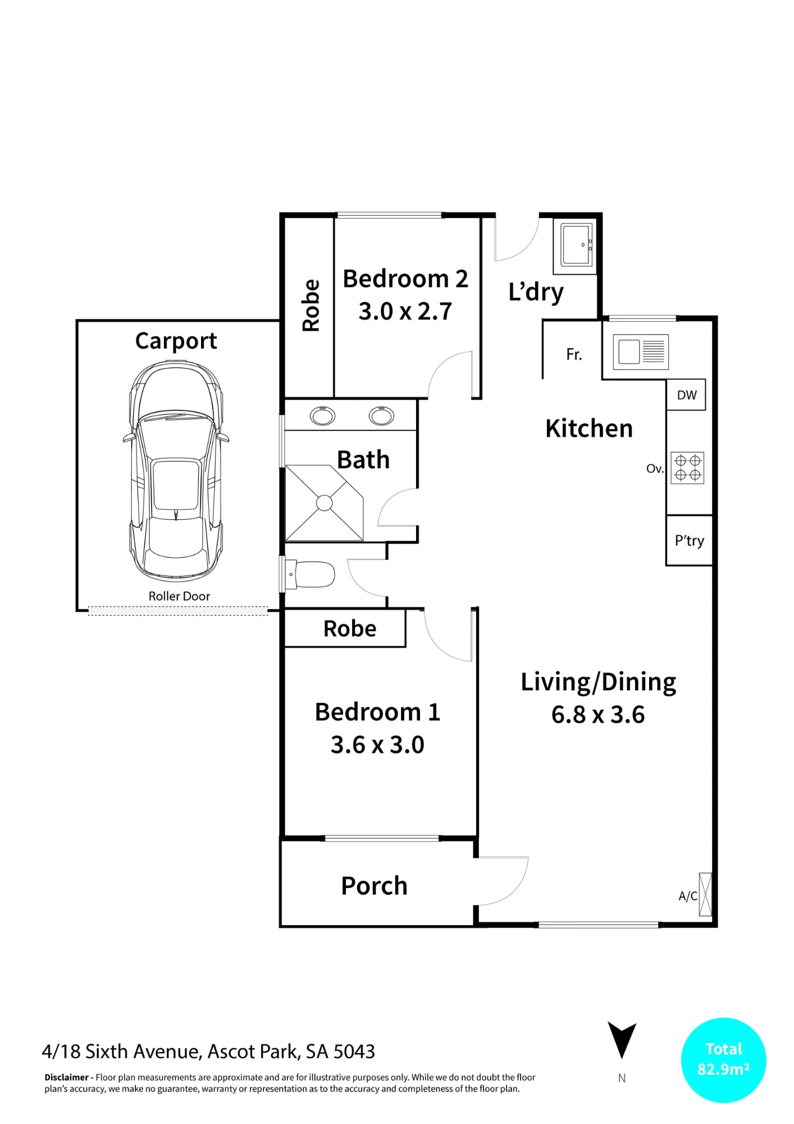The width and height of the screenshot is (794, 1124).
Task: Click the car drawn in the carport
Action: tap(176, 471)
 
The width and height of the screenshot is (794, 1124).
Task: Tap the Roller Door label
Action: tap(179, 596)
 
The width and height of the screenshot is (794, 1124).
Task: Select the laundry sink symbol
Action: tap(577, 245)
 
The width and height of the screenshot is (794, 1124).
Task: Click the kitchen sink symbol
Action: tap(641, 352)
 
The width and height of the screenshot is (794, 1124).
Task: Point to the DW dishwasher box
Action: tap(686, 395)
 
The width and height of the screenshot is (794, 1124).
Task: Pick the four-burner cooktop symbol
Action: tap(688, 468)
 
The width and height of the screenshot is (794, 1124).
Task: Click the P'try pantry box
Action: tap(689, 540)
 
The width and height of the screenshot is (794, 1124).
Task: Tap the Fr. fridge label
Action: tap(574, 354)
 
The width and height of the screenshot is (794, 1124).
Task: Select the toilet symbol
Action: tap(309, 574)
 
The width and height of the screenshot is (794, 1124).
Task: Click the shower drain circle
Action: tap(325, 503)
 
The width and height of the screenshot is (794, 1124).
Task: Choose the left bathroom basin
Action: tap(322, 416)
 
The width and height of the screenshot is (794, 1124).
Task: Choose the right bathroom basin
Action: tap(381, 416)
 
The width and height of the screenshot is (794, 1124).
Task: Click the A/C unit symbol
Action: tap(705, 894)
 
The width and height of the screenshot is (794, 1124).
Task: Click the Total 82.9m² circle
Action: tap(723, 1060)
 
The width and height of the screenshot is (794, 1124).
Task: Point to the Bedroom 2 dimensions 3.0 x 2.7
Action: tap(405, 311)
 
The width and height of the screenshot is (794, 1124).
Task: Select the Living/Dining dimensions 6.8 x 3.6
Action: tap(598, 714)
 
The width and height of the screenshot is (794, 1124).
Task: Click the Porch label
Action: tap(374, 886)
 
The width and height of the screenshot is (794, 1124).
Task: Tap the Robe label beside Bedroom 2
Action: tap(311, 305)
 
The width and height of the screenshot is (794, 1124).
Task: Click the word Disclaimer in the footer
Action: tap(67, 1077)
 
